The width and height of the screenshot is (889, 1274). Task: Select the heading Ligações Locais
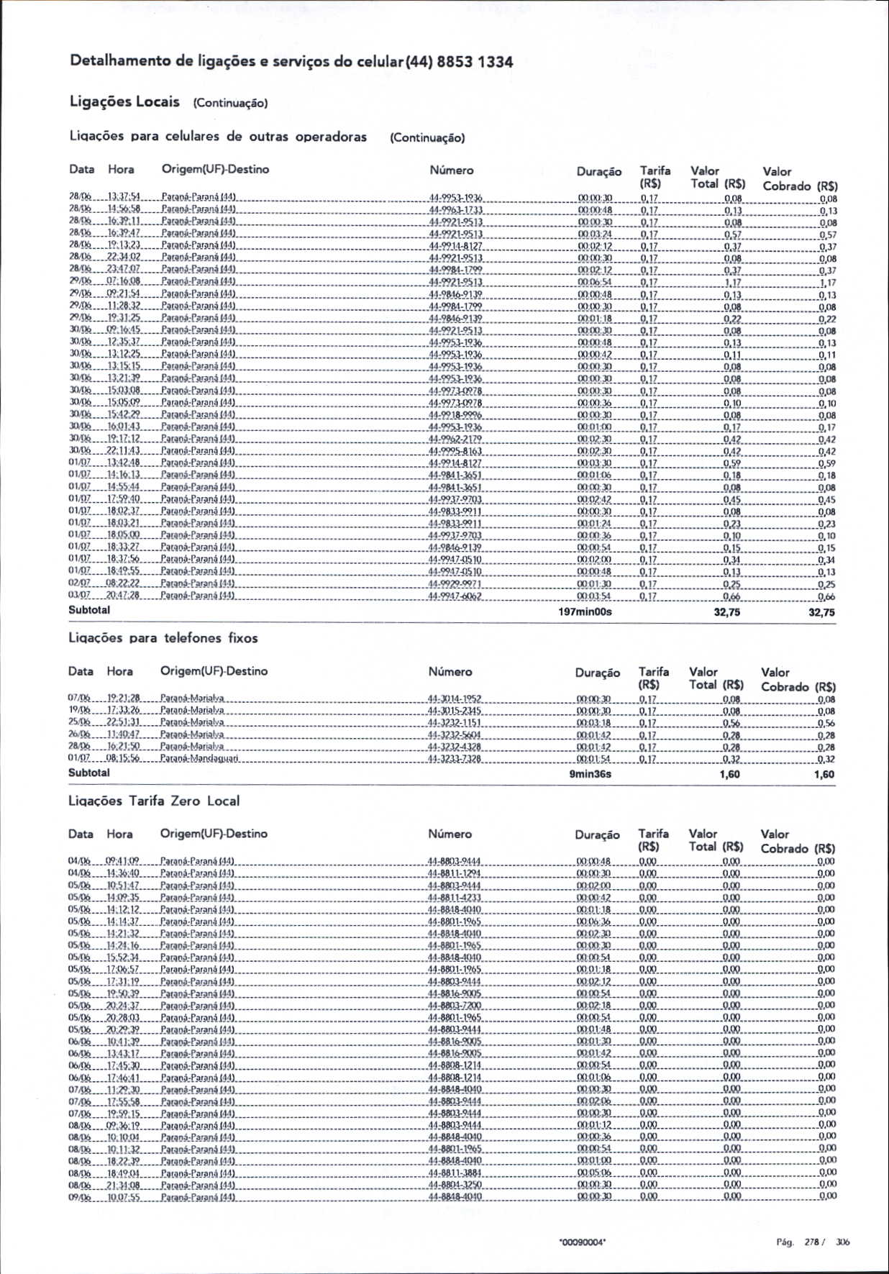tap(124, 101)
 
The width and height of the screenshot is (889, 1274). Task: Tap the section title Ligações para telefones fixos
tap(163, 638)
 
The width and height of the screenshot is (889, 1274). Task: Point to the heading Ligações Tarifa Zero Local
tap(153, 801)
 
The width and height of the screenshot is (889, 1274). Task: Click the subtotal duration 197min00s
tap(585, 612)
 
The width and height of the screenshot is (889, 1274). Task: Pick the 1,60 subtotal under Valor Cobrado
tap(824, 775)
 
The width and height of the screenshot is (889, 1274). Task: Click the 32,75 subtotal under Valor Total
tap(727, 612)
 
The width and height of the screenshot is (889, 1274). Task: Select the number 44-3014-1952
tap(455, 699)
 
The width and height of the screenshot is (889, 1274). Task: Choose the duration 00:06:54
tap(594, 283)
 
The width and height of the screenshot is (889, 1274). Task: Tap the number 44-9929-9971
tap(455, 584)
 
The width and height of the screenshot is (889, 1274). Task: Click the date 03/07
tap(79, 596)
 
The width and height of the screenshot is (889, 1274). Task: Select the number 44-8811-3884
tap(455, 1173)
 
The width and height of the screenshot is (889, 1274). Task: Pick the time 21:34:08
tap(123, 1185)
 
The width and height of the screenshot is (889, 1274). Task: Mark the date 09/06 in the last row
tap(79, 1197)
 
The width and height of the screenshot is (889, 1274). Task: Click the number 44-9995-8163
tap(455, 451)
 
